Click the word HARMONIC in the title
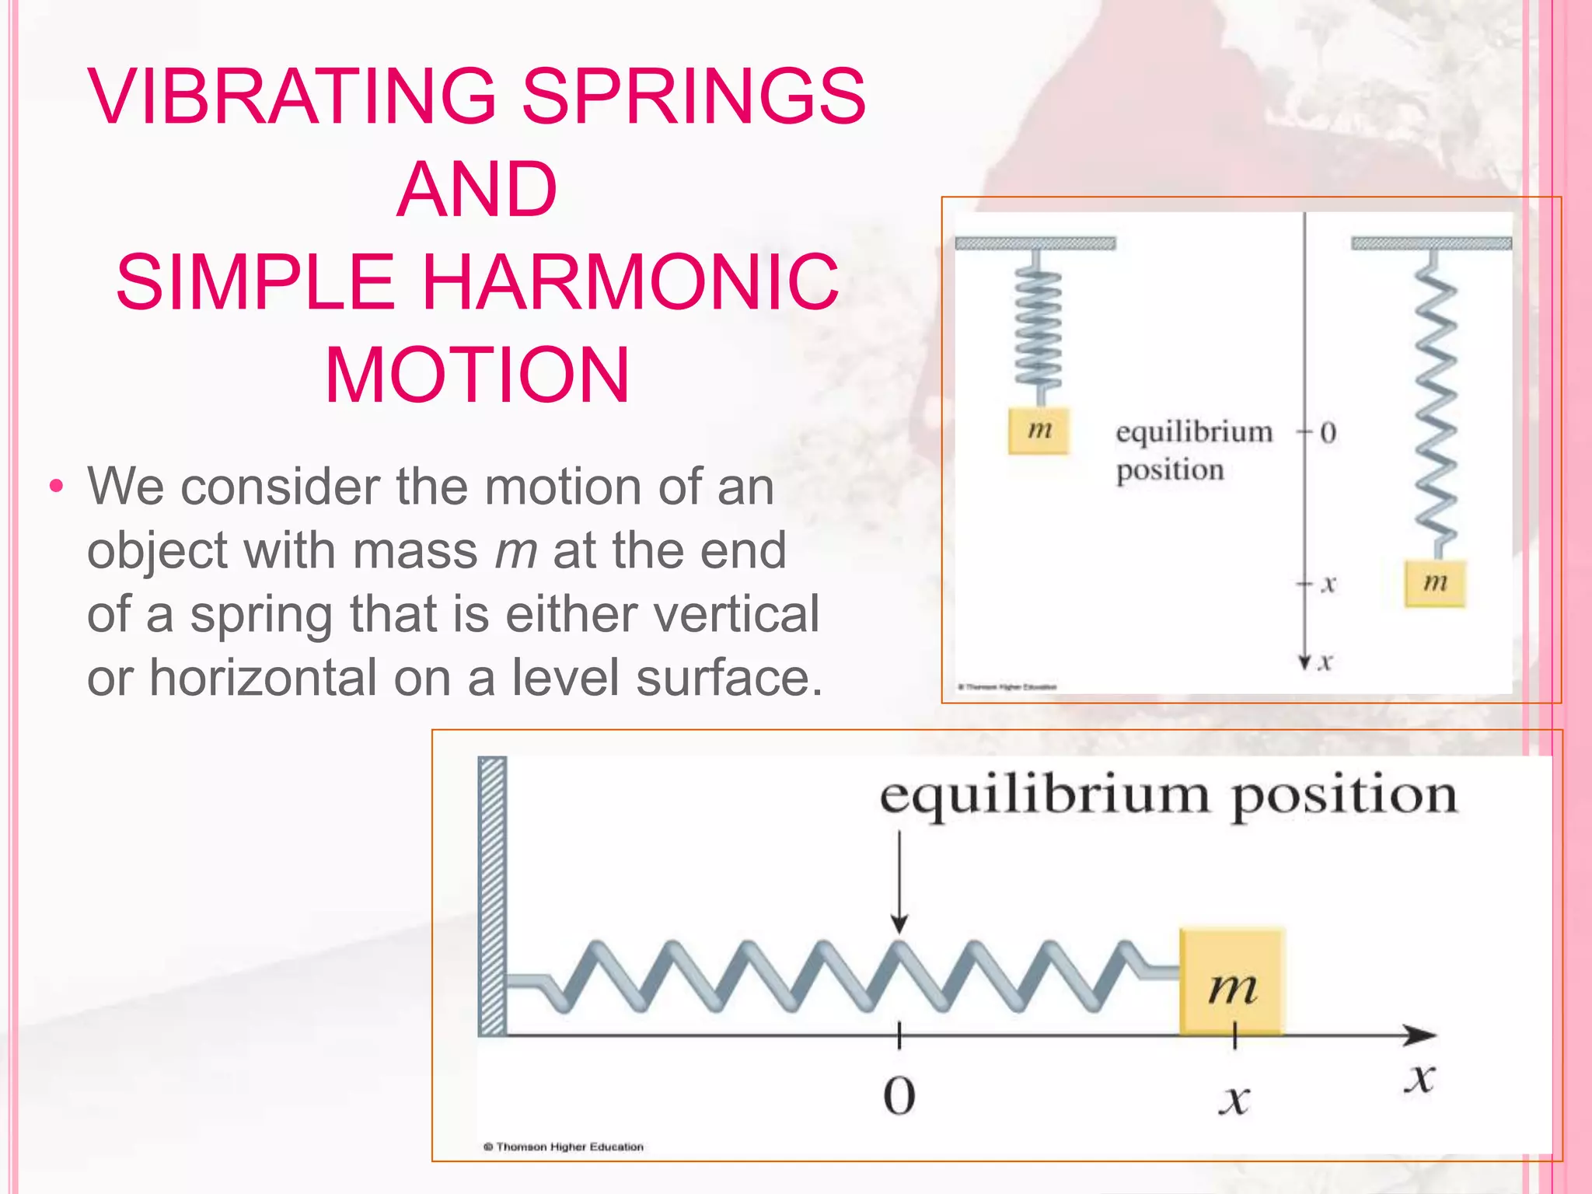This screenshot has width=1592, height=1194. coord(630,281)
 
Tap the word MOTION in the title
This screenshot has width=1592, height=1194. coord(477,375)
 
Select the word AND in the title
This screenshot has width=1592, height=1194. coord(477,189)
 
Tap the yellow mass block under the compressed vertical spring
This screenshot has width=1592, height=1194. coord(1039,430)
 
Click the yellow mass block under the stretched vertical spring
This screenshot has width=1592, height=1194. coord(1435,583)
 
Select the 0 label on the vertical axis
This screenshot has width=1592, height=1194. coord(1328,433)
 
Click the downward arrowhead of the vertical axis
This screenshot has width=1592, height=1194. coord(1305,662)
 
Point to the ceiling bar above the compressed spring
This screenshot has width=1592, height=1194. coord(1035,243)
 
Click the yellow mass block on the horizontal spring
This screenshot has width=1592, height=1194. coord(1231,981)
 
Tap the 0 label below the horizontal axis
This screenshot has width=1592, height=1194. coord(899,1097)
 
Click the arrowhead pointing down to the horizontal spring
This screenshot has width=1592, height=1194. coord(899,924)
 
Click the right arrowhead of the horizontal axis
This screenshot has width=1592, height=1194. coord(1423,1035)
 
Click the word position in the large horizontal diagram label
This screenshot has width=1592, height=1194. coord(1344,797)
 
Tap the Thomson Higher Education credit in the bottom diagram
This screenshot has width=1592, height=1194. coord(564,1147)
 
